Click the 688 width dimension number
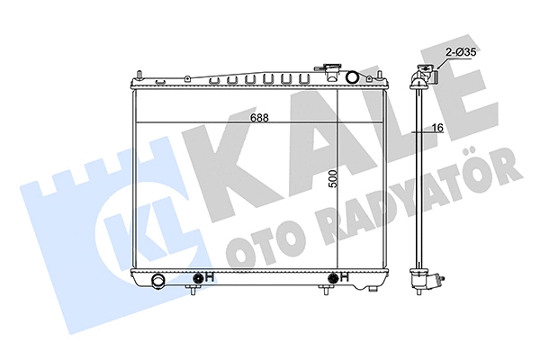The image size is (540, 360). pyautogui.click(x=259, y=118)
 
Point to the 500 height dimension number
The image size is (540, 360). pyautogui.click(x=333, y=178)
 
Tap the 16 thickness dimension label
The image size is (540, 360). pyautogui.click(x=437, y=128)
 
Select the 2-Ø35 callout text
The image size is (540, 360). pyautogui.click(x=461, y=52)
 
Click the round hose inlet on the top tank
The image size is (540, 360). pyautogui.click(x=352, y=77)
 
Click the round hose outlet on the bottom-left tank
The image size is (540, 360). pyautogui.click(x=159, y=279)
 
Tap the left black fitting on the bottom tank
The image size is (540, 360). pyautogui.click(x=198, y=277)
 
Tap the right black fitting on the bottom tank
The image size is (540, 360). pyautogui.click(x=333, y=277)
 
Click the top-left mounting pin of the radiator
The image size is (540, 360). pyautogui.click(x=139, y=75)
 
